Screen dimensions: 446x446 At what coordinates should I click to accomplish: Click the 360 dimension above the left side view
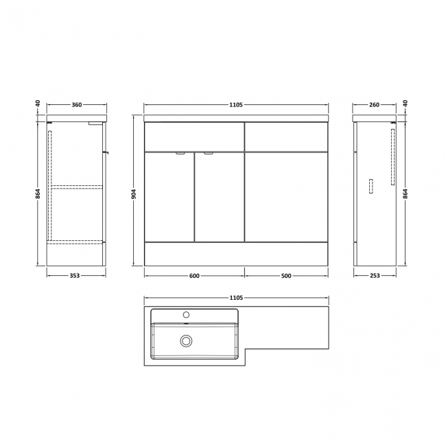pyautogui.click(x=77, y=105)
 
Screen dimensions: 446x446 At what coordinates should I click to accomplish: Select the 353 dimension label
pyautogui.click(x=75, y=276)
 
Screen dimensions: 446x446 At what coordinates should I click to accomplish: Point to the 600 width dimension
pyautogui.click(x=194, y=276)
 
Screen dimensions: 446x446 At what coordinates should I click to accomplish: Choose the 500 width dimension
pyautogui.click(x=287, y=276)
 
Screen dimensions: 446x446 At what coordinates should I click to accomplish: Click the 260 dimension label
pyautogui.click(x=374, y=105)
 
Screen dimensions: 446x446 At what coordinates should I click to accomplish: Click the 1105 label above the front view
pyautogui.click(x=236, y=105)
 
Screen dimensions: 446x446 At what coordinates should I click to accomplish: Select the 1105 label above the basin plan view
pyautogui.click(x=236, y=297)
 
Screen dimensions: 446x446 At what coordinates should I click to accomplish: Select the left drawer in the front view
pyautogui.click(x=194, y=137)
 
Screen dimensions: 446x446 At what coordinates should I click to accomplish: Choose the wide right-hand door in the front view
pyautogui.click(x=287, y=196)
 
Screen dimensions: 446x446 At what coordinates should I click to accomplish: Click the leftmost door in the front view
pyautogui.click(x=169, y=196)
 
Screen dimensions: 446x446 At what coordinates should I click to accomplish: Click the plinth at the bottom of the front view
pyautogui.click(x=236, y=253)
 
